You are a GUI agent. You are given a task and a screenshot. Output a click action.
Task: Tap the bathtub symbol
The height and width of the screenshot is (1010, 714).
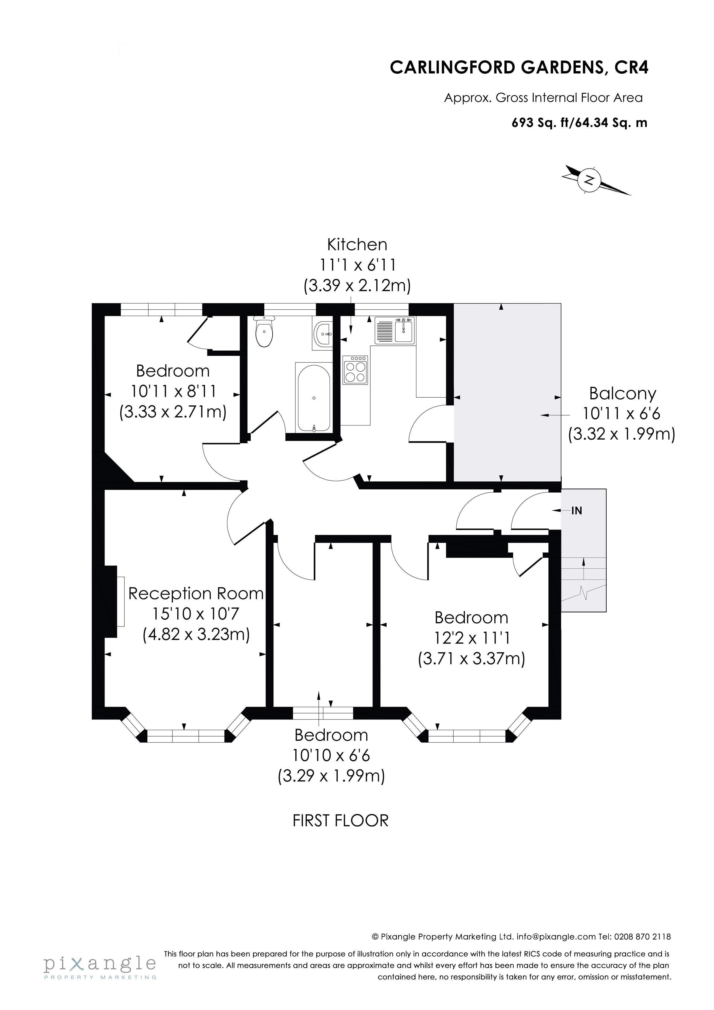[x=314, y=398]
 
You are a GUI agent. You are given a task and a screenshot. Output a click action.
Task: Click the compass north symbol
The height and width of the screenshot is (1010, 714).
[x=589, y=180]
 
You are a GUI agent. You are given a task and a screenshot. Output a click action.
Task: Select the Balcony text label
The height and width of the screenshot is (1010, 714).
[x=622, y=393]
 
